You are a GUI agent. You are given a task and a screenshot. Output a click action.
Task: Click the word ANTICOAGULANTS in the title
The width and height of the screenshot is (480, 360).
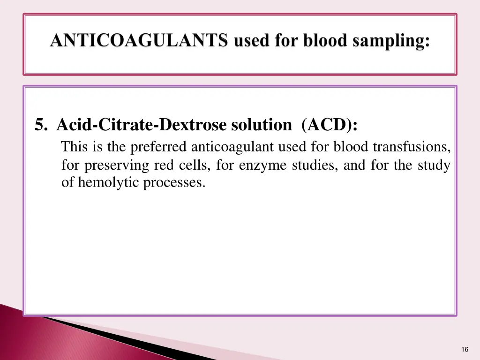click(139, 41)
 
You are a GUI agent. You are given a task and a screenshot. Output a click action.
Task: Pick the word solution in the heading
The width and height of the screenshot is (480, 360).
click(261, 125)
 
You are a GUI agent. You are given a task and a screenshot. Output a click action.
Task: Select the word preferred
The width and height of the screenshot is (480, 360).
click(159, 147)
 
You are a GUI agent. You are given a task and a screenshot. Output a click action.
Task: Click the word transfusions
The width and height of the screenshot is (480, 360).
click(412, 147)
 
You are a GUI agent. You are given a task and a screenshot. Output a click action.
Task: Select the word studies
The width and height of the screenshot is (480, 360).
click(314, 165)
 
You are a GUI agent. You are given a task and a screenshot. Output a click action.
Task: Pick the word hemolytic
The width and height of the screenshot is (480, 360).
click(109, 182)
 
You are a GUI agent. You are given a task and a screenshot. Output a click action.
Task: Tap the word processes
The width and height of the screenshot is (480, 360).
click(174, 182)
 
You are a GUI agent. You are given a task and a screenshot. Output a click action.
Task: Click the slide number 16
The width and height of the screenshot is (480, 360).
click(465, 349)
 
